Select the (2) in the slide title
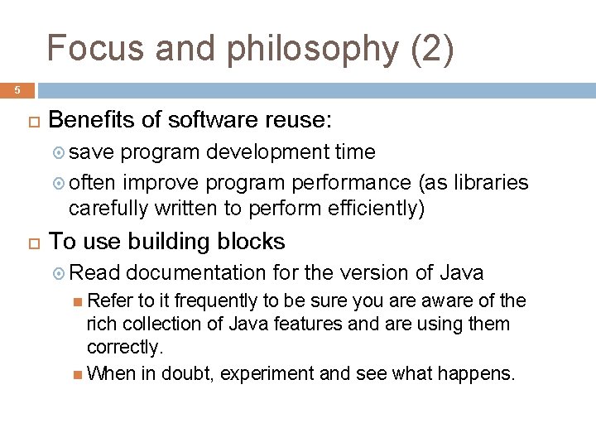point(432,49)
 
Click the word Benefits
point(92,121)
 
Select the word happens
point(478,373)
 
